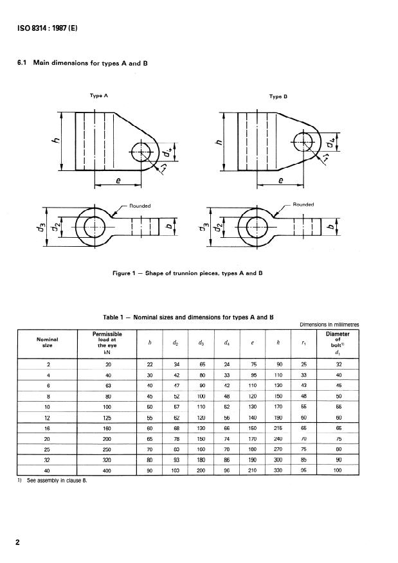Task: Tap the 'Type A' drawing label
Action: click(x=98, y=95)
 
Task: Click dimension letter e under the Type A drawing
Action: click(x=118, y=182)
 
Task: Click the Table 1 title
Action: click(x=188, y=317)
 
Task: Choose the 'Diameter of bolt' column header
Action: click(x=338, y=343)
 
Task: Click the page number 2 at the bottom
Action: click(x=19, y=543)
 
